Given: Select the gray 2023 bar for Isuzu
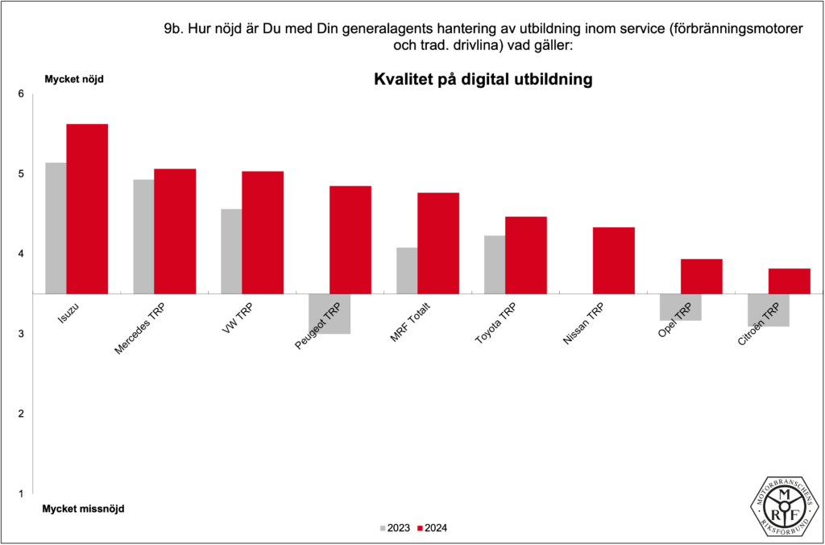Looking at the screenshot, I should click(56, 227).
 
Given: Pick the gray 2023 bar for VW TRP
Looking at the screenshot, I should click(230, 251).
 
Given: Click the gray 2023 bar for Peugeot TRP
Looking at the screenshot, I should click(330, 314).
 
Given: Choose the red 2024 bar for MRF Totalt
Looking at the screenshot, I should click(438, 243).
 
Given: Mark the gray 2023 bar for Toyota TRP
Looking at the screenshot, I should click(494, 264).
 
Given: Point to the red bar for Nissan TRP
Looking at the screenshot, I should click(614, 260).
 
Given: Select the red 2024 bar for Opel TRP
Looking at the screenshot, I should click(701, 276).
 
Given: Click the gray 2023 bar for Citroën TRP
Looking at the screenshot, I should click(768, 310).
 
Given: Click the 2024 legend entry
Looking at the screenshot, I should click(431, 528).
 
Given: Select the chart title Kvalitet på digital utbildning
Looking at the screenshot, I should click(483, 80).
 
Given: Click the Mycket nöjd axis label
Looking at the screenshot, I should click(73, 79).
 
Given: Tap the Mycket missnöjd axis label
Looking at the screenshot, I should click(83, 509).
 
